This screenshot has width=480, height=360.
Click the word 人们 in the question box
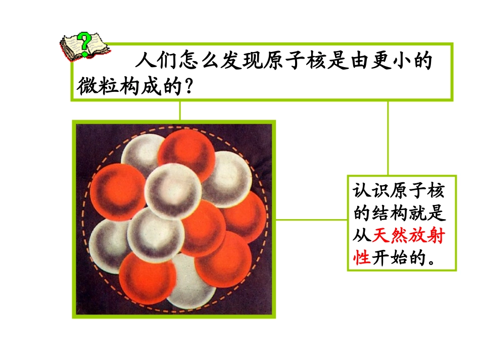coord(153,62)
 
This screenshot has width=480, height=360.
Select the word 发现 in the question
coord(249,62)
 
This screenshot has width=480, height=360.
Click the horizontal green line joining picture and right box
coord(312,219)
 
